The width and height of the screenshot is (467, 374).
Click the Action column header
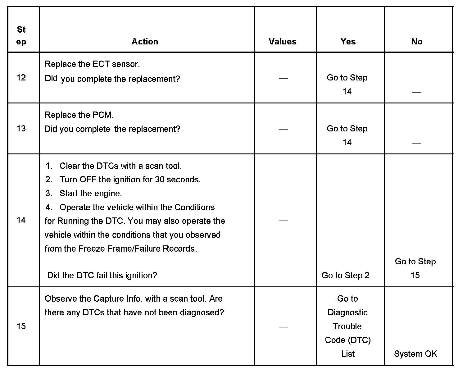145,42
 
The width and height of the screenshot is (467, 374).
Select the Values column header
283,42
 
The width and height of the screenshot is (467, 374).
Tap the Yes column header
348,42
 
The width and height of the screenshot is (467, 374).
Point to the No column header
417,42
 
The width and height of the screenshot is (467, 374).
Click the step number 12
21,78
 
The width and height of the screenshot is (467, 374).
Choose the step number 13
21,129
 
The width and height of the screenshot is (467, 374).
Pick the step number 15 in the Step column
21,326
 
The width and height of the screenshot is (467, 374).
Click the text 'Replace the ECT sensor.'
92,64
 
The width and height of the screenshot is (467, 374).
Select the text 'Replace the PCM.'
79,115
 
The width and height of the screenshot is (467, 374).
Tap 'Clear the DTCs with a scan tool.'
120,166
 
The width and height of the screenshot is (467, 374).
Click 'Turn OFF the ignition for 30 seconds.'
130,180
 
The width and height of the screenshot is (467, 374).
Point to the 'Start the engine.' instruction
91,194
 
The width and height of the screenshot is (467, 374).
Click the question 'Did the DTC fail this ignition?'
102,275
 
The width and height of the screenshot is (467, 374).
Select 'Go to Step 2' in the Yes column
346,275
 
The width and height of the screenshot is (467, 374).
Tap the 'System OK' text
415,354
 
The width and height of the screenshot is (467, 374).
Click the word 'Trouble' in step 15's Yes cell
347,326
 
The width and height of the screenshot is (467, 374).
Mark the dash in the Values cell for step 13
283,129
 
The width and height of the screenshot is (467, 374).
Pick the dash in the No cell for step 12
416,92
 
